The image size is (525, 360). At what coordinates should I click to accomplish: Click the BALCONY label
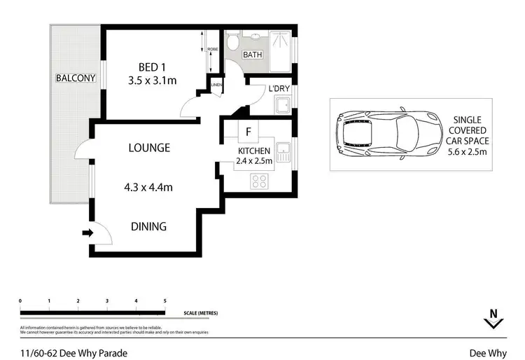pyautogui.click(x=76, y=78)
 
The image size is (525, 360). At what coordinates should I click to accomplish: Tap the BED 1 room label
pyautogui.click(x=151, y=67)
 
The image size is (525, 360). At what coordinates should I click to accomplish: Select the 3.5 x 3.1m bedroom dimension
pyautogui.click(x=152, y=81)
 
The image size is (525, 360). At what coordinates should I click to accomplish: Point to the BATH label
pyautogui.click(x=251, y=55)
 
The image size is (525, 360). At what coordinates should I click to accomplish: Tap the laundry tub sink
pyautogui.click(x=283, y=107)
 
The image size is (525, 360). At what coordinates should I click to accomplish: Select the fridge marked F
pyautogui.click(x=247, y=131)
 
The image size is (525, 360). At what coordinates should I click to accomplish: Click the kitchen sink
pyautogui.click(x=283, y=152)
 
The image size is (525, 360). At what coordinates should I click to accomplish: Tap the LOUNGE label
pyautogui.click(x=149, y=148)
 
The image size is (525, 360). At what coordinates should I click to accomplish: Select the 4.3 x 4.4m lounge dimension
pyautogui.click(x=149, y=187)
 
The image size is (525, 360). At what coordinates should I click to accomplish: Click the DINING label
pyautogui.click(x=148, y=226)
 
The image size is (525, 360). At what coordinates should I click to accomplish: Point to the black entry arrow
pyautogui.click(x=87, y=233)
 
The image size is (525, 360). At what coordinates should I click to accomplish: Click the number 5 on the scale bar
pyautogui.click(x=164, y=300)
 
